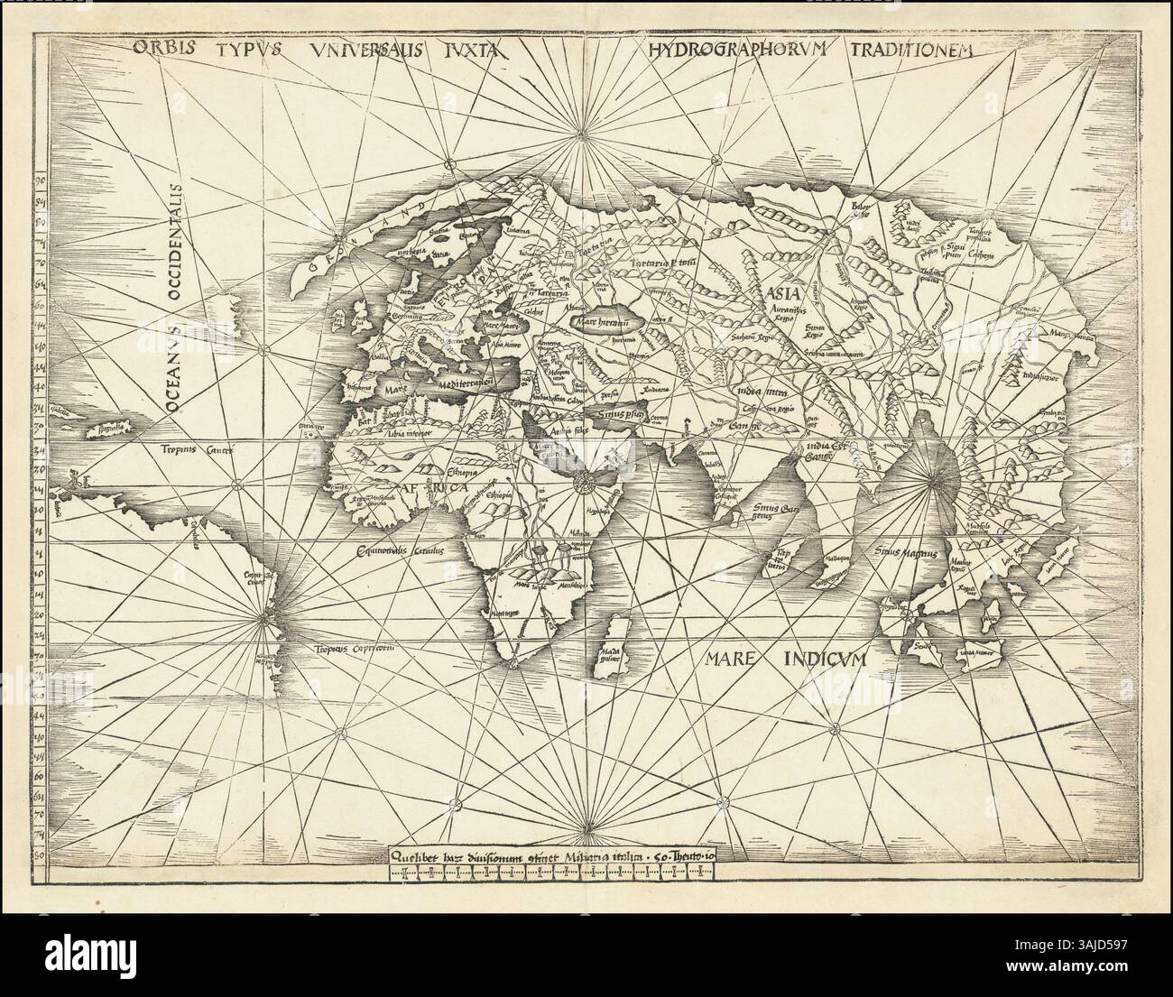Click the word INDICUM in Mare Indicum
(x=822, y=660)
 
